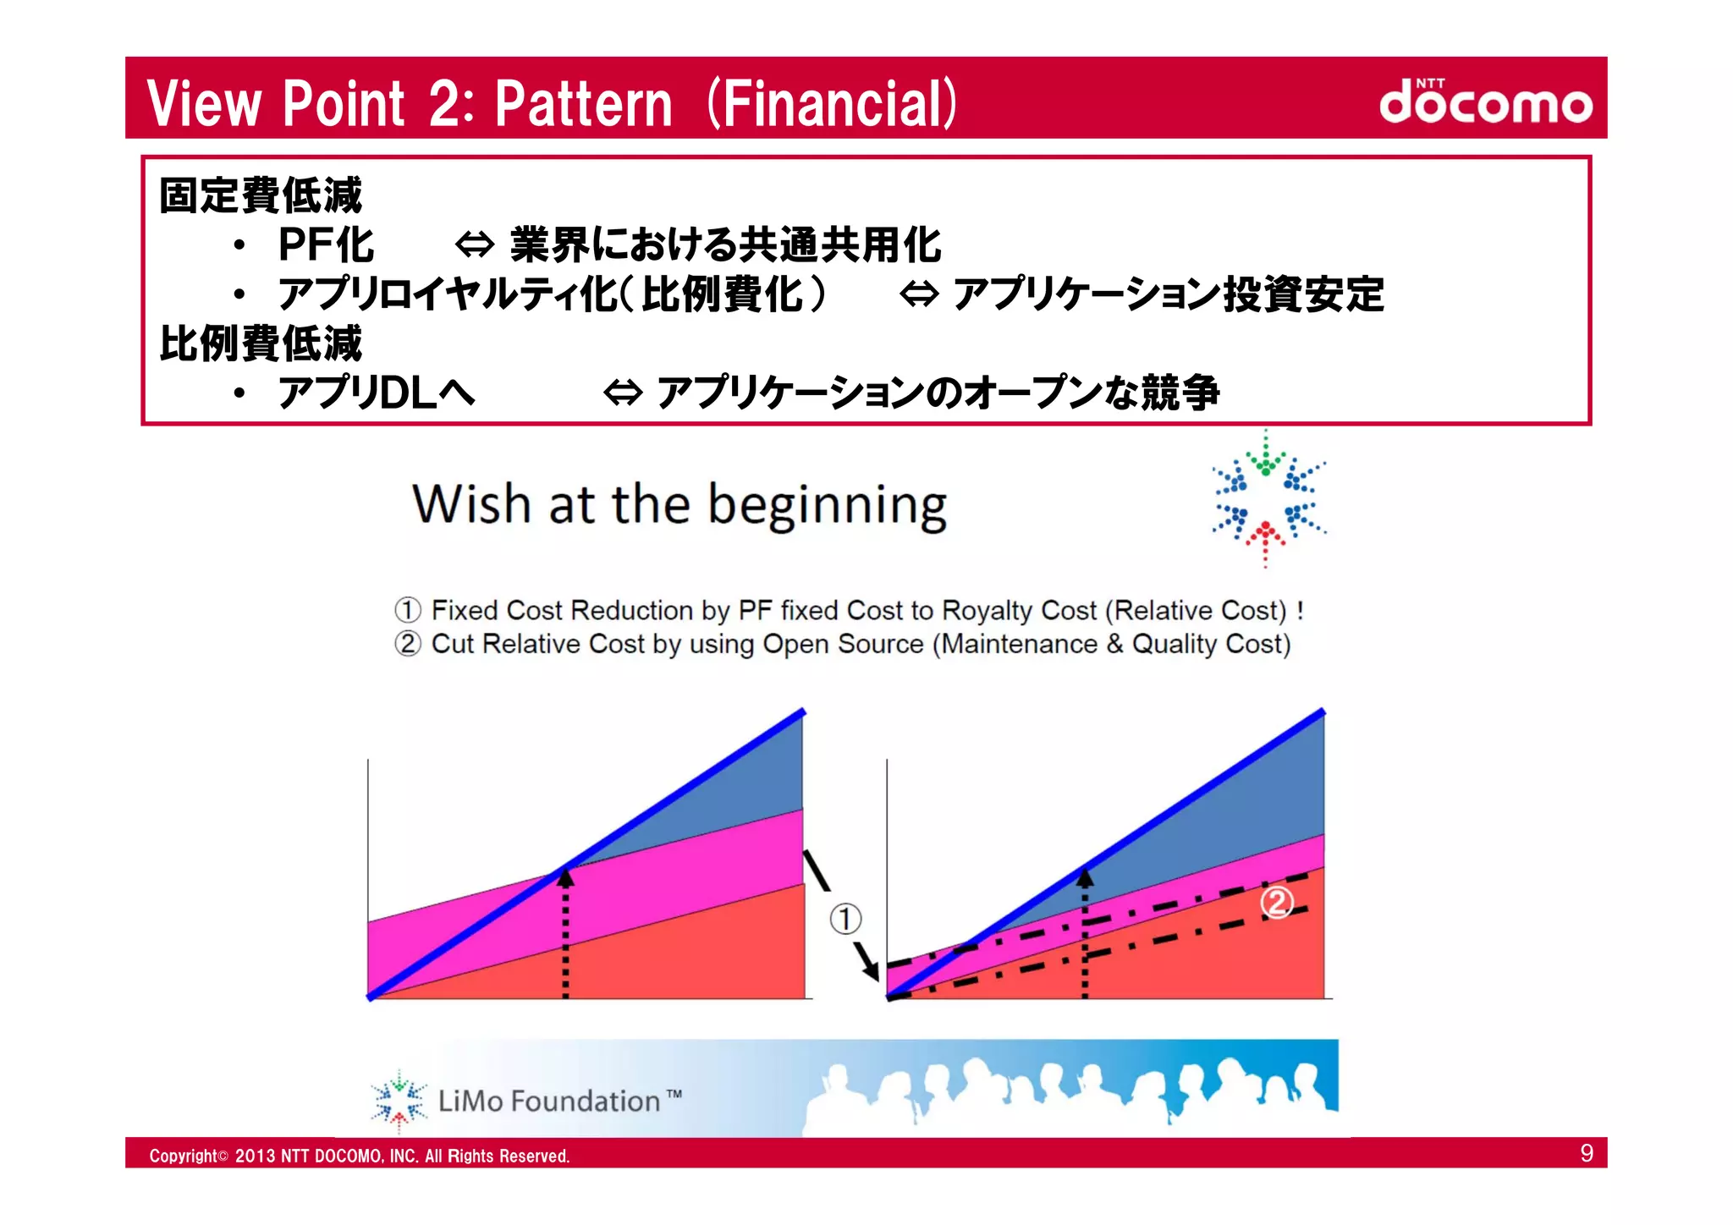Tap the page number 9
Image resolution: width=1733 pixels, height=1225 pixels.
point(1587,1153)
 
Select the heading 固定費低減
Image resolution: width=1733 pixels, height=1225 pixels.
point(261,195)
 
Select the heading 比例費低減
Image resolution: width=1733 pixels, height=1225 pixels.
point(261,343)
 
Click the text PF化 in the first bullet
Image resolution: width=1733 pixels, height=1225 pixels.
point(326,245)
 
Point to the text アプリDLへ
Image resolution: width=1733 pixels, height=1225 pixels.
point(377,393)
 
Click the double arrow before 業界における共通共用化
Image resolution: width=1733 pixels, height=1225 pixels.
point(474,246)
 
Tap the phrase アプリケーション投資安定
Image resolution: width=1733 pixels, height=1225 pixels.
point(1168,294)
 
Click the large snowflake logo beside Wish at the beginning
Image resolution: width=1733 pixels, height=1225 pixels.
point(1267,499)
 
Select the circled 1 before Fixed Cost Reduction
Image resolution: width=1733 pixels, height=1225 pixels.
point(408,610)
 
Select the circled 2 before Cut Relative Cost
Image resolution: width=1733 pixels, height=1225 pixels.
point(408,644)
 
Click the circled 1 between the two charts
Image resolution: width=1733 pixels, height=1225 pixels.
point(845,919)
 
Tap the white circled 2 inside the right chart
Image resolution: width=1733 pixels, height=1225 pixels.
point(1277,903)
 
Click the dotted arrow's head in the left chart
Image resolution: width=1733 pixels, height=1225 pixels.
point(565,878)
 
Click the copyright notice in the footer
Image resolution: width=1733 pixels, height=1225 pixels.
point(360,1156)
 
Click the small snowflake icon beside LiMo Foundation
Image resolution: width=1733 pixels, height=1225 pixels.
point(399,1101)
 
